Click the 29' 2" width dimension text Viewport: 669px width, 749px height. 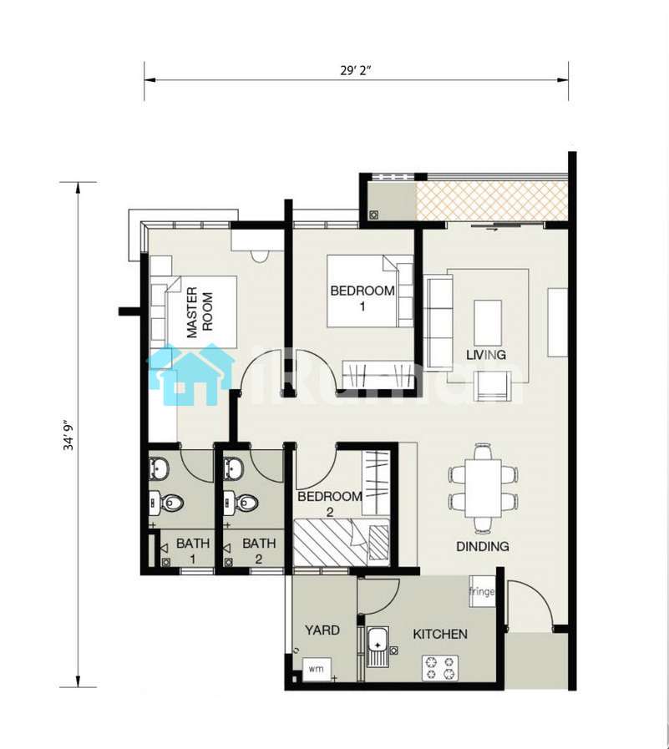[356, 70]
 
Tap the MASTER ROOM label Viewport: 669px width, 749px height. [200, 312]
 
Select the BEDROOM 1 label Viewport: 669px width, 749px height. [362, 298]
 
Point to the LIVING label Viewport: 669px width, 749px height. [486, 355]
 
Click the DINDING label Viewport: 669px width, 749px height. [483, 546]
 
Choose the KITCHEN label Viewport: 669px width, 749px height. [440, 635]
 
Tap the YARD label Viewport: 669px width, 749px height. [322, 630]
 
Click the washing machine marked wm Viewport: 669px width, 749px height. [317, 669]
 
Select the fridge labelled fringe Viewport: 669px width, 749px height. [482, 591]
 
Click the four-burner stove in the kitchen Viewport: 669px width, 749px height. [439, 668]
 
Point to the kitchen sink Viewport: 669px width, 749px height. [378, 647]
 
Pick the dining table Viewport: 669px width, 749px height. [483, 488]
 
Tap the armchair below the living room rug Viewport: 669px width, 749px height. [492, 387]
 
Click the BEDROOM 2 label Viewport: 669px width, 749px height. [330, 504]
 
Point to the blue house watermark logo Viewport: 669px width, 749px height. [190, 375]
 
